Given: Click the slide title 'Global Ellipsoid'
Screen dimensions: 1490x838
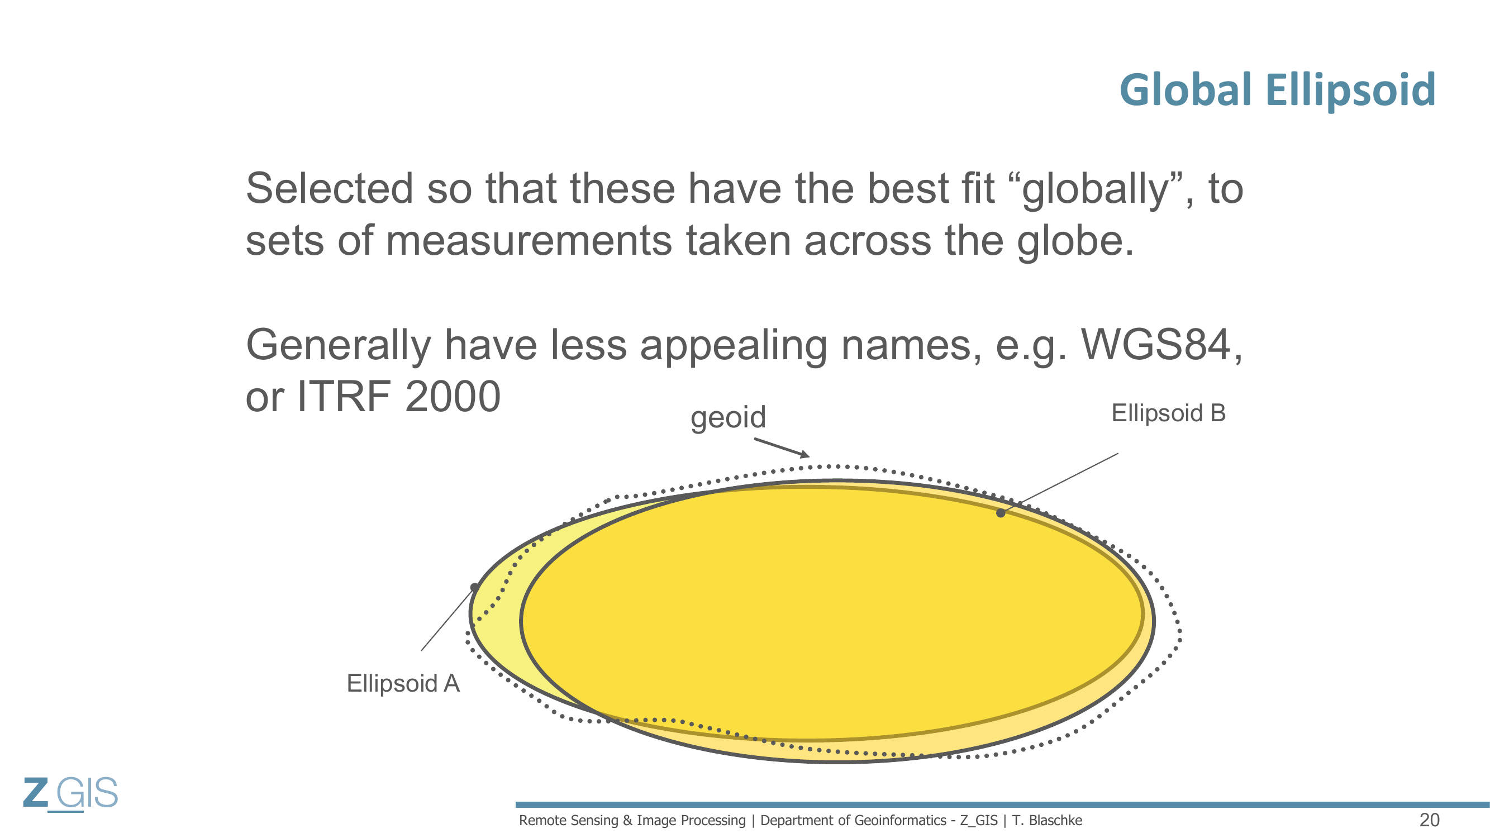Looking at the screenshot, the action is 1277,90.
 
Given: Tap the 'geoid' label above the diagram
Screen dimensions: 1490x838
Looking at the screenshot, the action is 728,417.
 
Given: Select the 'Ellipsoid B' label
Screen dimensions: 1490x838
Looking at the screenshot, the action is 1168,413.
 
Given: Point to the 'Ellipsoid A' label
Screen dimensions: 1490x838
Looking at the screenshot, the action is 403,684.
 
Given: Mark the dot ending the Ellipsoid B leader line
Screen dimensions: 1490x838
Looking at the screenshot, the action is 1001,513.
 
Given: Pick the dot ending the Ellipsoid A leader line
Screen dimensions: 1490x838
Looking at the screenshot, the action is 474,588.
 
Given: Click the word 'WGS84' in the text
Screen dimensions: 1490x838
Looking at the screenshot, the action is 1155,345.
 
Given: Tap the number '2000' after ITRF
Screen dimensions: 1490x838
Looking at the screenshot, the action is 453,397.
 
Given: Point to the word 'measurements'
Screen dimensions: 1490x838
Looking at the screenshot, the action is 529,241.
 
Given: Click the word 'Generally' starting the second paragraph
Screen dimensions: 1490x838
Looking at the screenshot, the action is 339,346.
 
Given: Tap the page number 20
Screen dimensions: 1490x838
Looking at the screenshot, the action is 1429,820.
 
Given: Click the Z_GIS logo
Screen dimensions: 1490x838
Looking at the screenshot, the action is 70,793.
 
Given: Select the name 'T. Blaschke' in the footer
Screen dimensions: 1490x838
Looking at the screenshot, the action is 1047,820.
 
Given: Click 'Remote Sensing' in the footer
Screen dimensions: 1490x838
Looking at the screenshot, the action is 569,821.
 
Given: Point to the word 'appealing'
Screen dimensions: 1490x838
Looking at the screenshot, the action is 734,346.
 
